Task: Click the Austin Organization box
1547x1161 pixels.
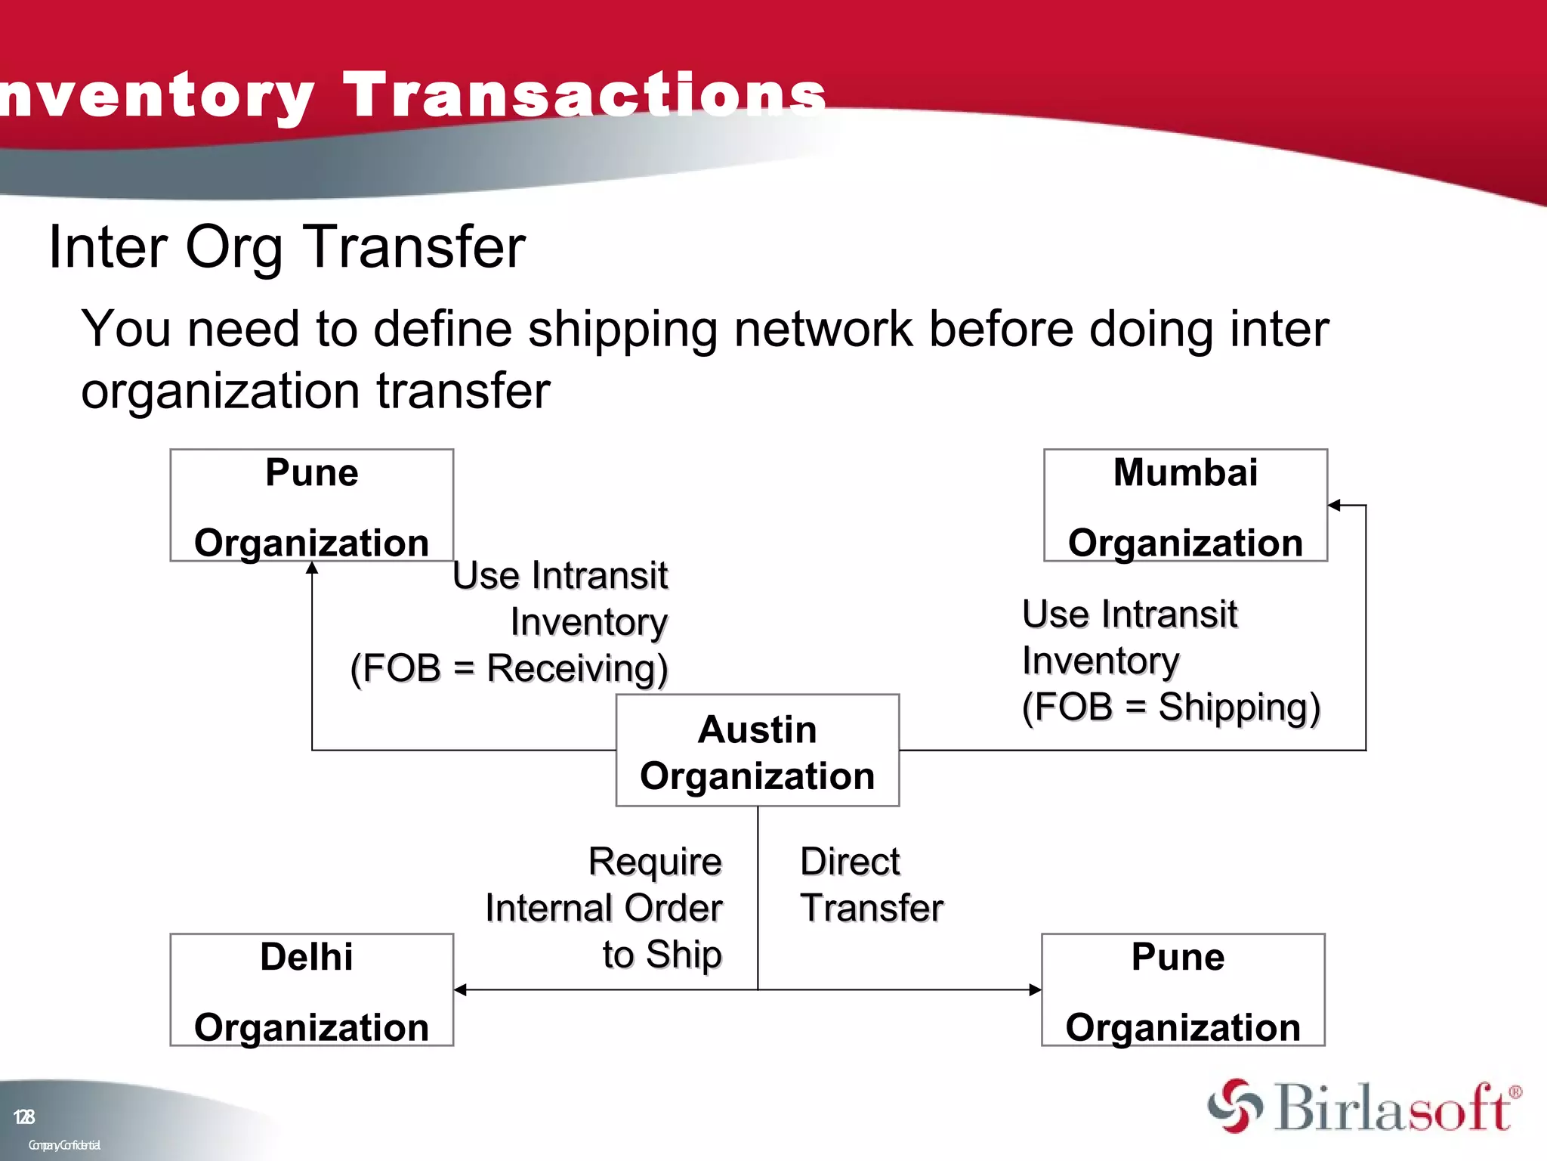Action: [757, 751]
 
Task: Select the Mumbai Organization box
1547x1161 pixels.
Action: [1184, 505]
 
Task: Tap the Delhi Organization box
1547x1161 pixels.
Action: [311, 989]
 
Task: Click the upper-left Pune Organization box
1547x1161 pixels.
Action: [311, 505]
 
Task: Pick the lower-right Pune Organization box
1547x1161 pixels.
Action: [1182, 989]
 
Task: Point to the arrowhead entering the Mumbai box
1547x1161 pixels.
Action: [1335, 505]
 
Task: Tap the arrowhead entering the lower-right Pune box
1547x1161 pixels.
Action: [1035, 989]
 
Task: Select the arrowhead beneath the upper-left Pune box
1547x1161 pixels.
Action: [312, 568]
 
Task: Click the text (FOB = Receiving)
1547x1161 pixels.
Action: [509, 668]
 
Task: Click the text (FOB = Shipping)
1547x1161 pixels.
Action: [1171, 707]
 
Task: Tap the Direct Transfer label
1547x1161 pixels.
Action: [871, 884]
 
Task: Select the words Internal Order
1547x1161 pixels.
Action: [604, 908]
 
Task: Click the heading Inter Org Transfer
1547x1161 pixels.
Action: [287, 246]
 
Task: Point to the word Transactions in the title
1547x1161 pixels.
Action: [585, 94]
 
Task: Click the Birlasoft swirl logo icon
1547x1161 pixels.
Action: [1235, 1107]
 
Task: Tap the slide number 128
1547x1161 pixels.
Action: [24, 1116]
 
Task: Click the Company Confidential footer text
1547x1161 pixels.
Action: [64, 1145]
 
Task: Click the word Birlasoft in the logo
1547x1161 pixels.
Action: [1394, 1108]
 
